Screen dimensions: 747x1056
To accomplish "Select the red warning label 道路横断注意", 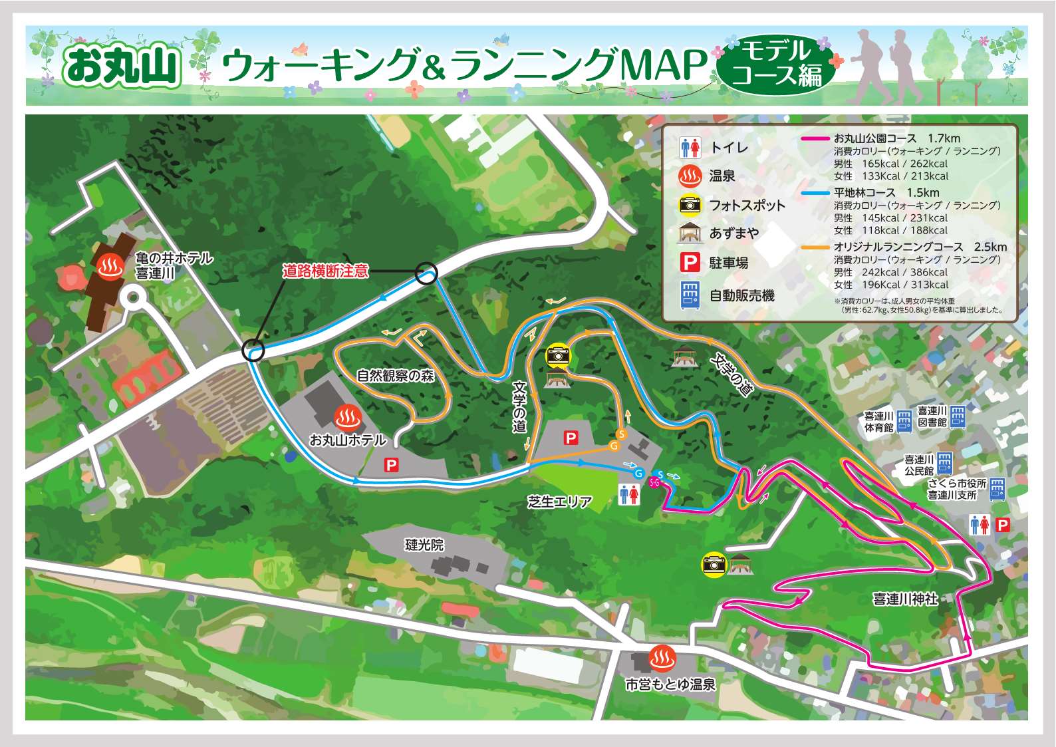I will pyautogui.click(x=325, y=271).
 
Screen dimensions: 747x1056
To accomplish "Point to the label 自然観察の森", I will pyautogui.click(x=395, y=376).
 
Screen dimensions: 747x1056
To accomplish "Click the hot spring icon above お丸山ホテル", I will pyautogui.click(x=347, y=417).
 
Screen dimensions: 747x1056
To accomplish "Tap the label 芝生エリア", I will pyautogui.click(x=559, y=502).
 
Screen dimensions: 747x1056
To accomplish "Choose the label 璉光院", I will pyautogui.click(x=424, y=545).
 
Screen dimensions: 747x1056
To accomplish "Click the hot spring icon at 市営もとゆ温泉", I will pyautogui.click(x=662, y=659).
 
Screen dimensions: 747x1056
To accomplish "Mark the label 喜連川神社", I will pyautogui.click(x=904, y=599).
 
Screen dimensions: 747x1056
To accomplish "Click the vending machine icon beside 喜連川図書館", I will pyautogui.click(x=957, y=416).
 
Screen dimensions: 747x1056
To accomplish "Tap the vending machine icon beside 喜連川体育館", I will pyautogui.click(x=904, y=422).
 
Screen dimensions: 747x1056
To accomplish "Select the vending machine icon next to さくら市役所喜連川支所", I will pyautogui.click(x=997, y=489).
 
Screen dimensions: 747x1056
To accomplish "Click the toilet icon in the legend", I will pyautogui.click(x=690, y=147).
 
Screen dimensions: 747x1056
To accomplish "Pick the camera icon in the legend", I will pyautogui.click(x=690, y=205).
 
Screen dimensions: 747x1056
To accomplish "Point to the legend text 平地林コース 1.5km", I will pyautogui.click(x=886, y=193).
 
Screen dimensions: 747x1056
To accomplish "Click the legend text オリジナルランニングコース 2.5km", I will pyautogui.click(x=920, y=247).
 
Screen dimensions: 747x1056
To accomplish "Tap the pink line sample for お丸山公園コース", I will pyautogui.click(x=815, y=138).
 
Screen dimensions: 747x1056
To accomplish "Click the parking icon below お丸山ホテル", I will pyautogui.click(x=392, y=466).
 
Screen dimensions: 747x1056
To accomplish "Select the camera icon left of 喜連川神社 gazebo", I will pyautogui.click(x=714, y=565).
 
